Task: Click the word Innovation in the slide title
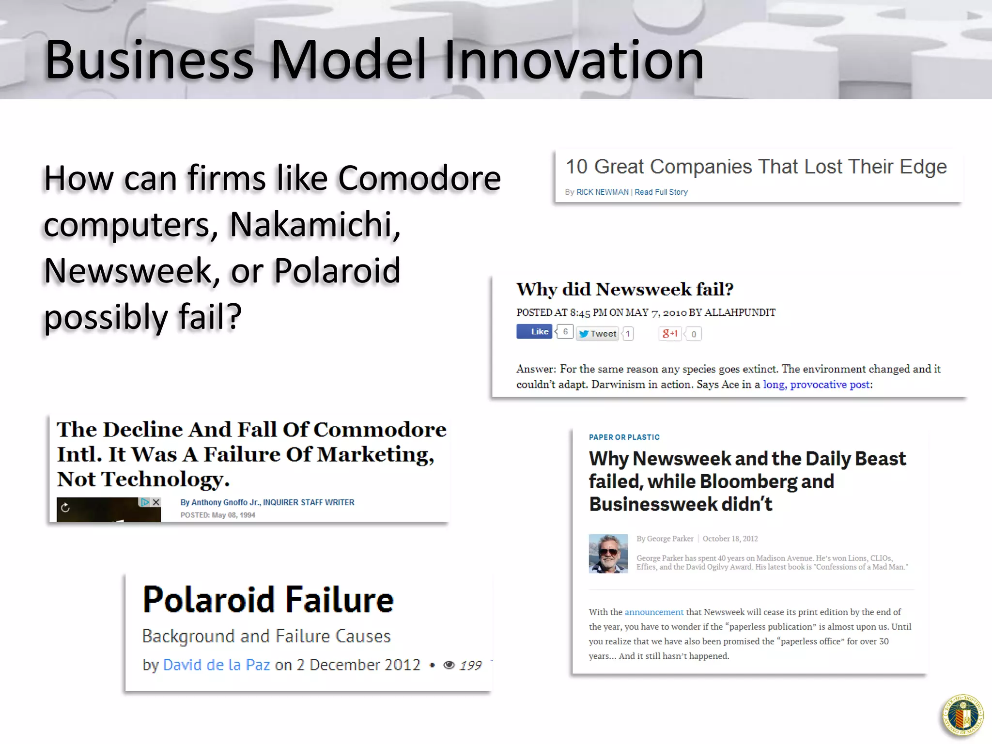pyautogui.click(x=573, y=60)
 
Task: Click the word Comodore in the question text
pyautogui.click(x=419, y=178)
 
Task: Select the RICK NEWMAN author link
pyautogui.click(x=602, y=192)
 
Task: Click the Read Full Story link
pyautogui.click(x=661, y=192)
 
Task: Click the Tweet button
pyautogui.click(x=598, y=334)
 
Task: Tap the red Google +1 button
pyautogui.click(x=670, y=334)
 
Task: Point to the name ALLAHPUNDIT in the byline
pyautogui.click(x=740, y=313)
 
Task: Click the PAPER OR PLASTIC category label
pyautogui.click(x=624, y=437)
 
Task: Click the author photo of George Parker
pyautogui.click(x=608, y=554)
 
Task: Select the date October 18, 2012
pyautogui.click(x=730, y=539)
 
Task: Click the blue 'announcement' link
pyautogui.click(x=654, y=612)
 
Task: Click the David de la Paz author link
pyautogui.click(x=217, y=665)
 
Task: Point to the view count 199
pyautogui.click(x=470, y=666)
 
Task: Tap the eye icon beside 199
pyautogui.click(x=449, y=666)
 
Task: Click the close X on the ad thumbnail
pyautogui.click(x=156, y=502)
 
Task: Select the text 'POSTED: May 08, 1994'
pyautogui.click(x=217, y=515)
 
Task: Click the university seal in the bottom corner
pyautogui.click(x=963, y=716)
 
